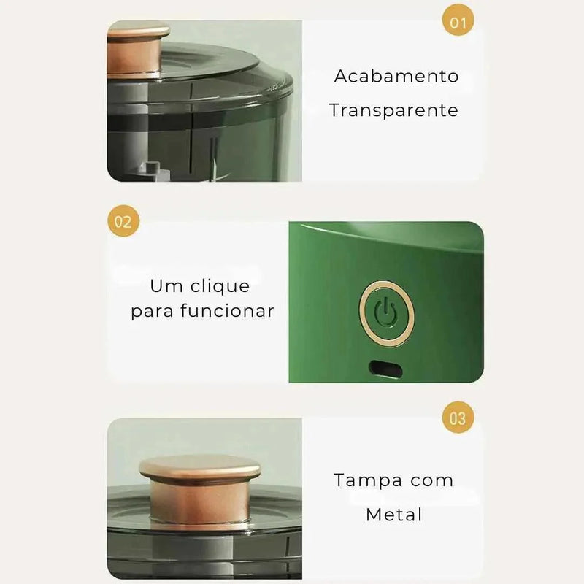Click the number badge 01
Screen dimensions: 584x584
pos(458,22)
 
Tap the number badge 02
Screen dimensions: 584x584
pos(123,221)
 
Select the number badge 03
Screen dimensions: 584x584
pos(458,418)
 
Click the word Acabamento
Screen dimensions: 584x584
pos(396,76)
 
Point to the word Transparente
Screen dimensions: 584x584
pos(393,110)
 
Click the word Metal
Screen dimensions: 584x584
pos(394,514)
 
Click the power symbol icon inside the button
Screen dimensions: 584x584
pos(386,312)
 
